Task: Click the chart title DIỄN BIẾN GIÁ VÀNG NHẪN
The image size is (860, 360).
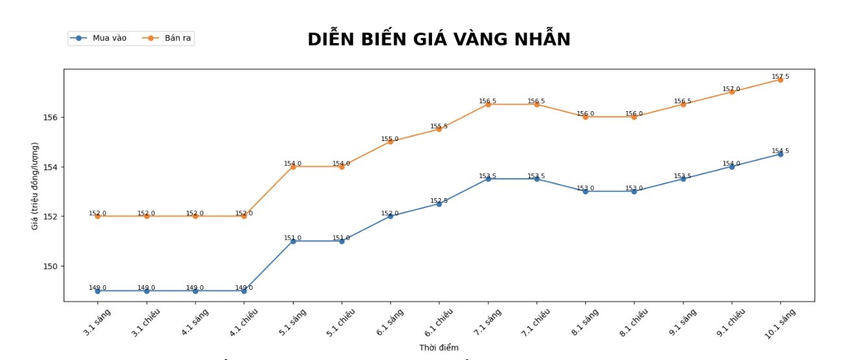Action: pyautogui.click(x=438, y=40)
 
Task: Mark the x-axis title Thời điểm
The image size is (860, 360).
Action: pyautogui.click(x=438, y=348)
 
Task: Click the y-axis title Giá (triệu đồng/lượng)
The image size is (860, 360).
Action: pyautogui.click(x=35, y=186)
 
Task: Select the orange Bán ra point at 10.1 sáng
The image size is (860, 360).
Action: pyautogui.click(x=780, y=80)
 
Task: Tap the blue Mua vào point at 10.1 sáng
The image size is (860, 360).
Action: pyautogui.click(x=780, y=154)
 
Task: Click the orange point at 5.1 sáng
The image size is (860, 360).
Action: pyautogui.click(x=293, y=167)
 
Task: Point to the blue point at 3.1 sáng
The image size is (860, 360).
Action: pyautogui.click(x=97, y=291)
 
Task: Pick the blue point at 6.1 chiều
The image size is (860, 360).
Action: pyautogui.click(x=439, y=204)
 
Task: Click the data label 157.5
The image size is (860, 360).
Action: pyautogui.click(x=780, y=77)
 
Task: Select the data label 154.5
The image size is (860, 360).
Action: pyautogui.click(x=780, y=151)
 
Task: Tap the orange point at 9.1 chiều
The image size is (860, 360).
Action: pyautogui.click(x=731, y=92)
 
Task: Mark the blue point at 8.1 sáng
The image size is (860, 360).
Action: pyautogui.click(x=585, y=192)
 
